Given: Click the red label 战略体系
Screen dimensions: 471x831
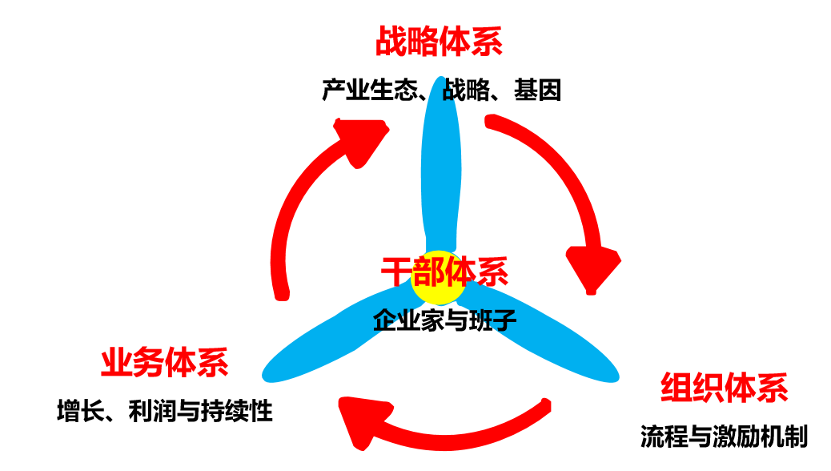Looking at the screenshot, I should point(439,42).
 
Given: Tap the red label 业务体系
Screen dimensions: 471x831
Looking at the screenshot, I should point(164,362).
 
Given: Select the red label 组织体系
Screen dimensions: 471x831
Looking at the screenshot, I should point(724,388).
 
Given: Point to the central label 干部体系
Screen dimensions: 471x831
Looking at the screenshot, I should point(444,272).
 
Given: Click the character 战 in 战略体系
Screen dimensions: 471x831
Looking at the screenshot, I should point(391,42).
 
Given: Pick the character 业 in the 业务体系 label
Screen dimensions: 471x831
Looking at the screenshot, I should point(116,362).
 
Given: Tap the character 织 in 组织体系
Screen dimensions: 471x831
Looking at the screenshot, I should point(708,388).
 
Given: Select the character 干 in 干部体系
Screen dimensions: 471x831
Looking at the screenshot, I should point(396,272).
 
